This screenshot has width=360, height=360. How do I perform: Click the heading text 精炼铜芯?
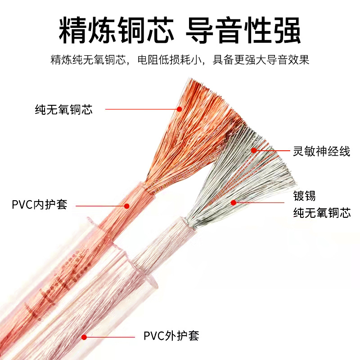pyautogui.click(x=116, y=31)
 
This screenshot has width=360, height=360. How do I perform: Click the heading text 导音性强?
pyautogui.click(x=243, y=31)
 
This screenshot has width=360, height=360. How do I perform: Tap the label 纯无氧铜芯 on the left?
pyautogui.click(x=63, y=109)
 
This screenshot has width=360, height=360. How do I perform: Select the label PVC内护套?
pyautogui.click(x=39, y=205)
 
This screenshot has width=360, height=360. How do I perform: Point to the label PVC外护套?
pyautogui.click(x=171, y=336)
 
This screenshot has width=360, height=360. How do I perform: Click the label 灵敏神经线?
pyautogui.click(x=321, y=152)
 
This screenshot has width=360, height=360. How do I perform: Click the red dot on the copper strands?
pyautogui.click(x=179, y=109)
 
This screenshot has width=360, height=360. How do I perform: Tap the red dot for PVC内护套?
pyautogui.click(x=127, y=206)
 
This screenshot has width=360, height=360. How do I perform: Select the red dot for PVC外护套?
pyautogui.click(x=83, y=336)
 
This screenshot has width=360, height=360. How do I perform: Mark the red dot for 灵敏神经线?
pyautogui.click(x=254, y=150)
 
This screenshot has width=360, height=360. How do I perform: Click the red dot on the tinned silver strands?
pyautogui.click(x=234, y=202)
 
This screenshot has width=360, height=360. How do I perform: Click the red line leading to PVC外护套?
pyautogui.click(x=110, y=336)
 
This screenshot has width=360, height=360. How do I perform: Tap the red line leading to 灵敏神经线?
pyautogui.click(x=272, y=151)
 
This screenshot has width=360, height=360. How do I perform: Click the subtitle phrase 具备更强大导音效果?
pyautogui.click(x=261, y=60)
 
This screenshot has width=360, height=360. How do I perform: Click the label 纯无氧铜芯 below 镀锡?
pyautogui.click(x=321, y=212)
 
